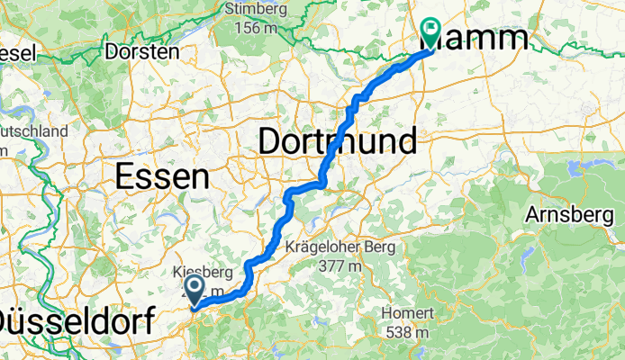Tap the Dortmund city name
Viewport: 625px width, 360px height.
(338, 141)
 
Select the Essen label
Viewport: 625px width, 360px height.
(162, 177)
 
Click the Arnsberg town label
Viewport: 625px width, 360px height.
(574, 217)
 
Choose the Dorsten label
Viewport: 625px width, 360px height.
(141, 51)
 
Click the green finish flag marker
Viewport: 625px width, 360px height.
(430, 32)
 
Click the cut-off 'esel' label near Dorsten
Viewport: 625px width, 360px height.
(17, 53)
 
